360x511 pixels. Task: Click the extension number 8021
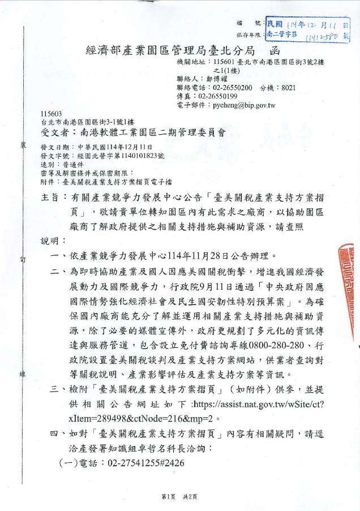tap(288, 88)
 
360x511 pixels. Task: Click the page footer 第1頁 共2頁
tap(179, 497)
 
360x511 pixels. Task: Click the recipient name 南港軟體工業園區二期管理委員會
tap(149, 134)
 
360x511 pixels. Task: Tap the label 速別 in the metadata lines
tap(49, 164)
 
